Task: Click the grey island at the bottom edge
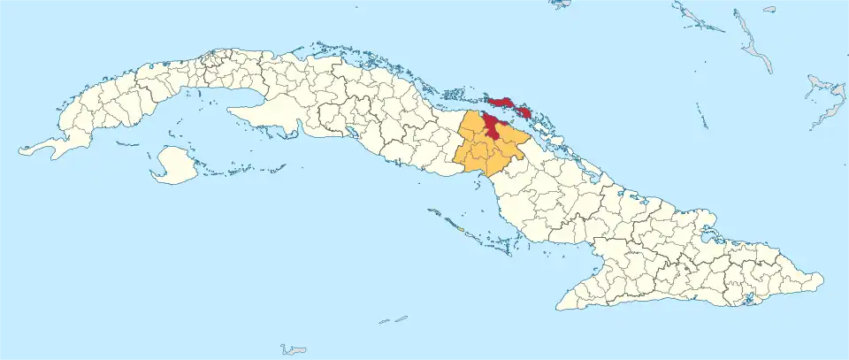[x=294, y=350]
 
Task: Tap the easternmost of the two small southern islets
[x=401, y=318]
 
